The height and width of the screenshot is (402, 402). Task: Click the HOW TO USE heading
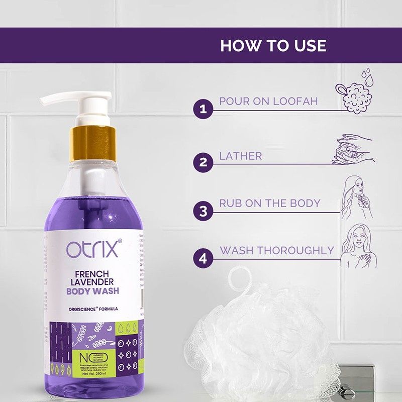tap(273, 45)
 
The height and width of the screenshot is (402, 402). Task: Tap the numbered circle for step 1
tap(203, 109)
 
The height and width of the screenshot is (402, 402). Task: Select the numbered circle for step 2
tap(203, 162)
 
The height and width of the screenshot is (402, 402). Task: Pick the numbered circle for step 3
tap(203, 210)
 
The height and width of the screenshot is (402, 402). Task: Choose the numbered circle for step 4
tap(203, 258)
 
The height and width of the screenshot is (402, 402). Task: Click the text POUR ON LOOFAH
tap(268, 101)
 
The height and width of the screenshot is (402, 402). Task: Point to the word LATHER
tap(240, 156)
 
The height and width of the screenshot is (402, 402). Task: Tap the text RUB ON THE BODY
tap(269, 204)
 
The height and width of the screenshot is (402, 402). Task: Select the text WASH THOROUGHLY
tap(277, 250)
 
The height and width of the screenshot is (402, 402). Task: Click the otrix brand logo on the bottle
tap(93, 249)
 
